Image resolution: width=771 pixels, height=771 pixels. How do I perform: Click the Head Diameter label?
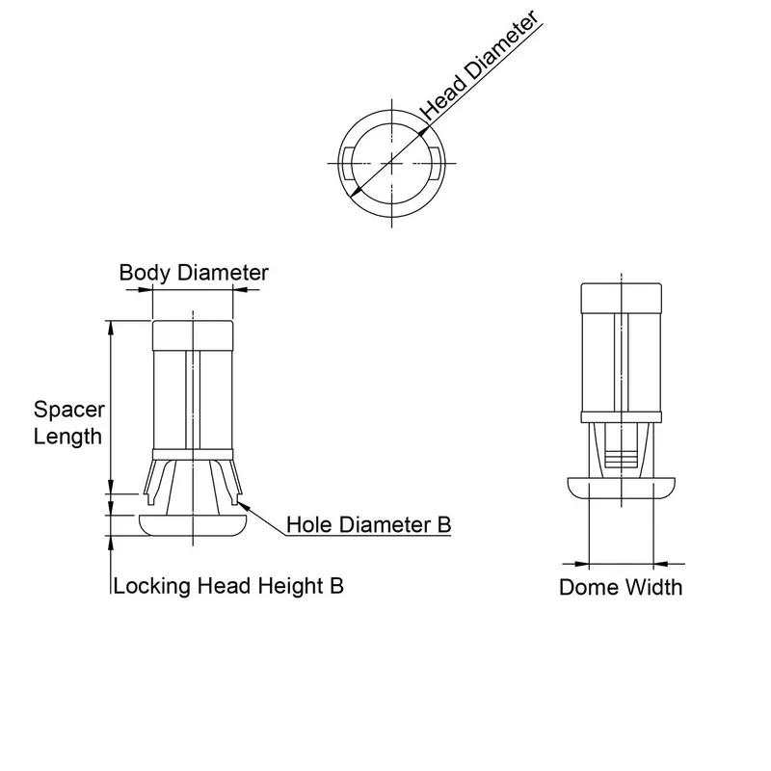point(478,66)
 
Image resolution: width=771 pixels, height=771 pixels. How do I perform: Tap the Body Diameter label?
point(193,273)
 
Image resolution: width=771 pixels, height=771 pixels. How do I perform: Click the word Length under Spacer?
point(67,436)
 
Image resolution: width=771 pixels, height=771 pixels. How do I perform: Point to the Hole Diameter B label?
point(369,525)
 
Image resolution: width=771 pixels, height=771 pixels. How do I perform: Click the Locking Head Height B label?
point(228,585)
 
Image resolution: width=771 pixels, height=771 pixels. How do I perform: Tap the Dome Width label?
point(621,587)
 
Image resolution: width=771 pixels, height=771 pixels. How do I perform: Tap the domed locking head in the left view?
point(193,525)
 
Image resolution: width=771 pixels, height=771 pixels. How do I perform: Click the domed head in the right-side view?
point(621,486)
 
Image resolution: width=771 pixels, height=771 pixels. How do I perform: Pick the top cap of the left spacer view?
point(193,333)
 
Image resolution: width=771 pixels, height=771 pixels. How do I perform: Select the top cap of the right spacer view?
point(621,298)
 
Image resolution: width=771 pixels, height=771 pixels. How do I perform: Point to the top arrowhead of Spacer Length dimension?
point(112,328)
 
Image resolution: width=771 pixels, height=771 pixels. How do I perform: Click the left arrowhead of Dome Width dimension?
point(581,563)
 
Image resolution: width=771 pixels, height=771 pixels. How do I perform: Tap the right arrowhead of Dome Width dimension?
point(660,563)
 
